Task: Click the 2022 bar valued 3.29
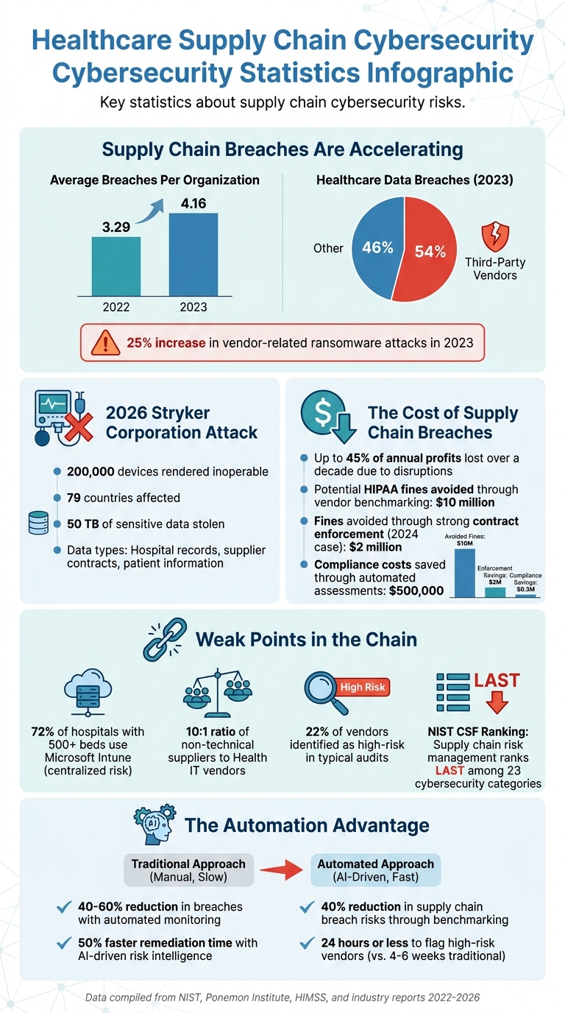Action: (x=116, y=266)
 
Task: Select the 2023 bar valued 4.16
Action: (x=193, y=254)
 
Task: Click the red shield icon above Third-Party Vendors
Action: (x=494, y=238)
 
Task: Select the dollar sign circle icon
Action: (x=321, y=414)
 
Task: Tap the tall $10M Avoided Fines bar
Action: (x=464, y=571)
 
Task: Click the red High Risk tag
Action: (x=362, y=687)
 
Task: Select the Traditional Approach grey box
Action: (x=188, y=870)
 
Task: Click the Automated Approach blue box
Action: (x=375, y=870)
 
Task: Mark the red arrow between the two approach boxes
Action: (x=283, y=871)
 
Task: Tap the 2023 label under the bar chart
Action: (x=193, y=307)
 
